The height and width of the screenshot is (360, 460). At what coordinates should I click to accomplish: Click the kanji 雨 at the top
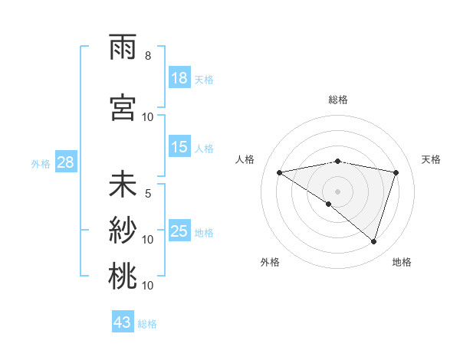(x=123, y=49)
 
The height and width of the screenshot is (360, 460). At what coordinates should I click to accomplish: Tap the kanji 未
(x=123, y=186)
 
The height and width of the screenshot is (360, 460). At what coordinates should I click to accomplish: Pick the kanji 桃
(x=123, y=277)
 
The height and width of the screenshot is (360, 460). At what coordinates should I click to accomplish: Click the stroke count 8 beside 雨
(x=148, y=56)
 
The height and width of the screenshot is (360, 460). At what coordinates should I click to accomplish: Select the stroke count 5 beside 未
(x=148, y=194)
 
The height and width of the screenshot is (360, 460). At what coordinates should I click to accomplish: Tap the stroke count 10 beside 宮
(x=148, y=116)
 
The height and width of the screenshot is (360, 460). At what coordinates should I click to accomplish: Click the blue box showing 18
(x=179, y=78)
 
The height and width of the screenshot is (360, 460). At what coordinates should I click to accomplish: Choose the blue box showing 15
(x=179, y=147)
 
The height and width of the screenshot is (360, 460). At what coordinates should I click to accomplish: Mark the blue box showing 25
(x=179, y=231)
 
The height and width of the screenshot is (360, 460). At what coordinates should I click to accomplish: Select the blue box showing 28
(x=64, y=162)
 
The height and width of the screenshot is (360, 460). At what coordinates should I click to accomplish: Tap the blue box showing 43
(x=123, y=322)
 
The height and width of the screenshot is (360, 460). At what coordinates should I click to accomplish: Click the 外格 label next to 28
(x=40, y=163)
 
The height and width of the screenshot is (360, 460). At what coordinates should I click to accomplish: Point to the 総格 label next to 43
(x=147, y=324)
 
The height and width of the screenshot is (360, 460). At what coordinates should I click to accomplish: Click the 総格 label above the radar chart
(x=338, y=100)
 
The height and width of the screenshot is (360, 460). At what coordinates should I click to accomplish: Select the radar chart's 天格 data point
(x=396, y=172)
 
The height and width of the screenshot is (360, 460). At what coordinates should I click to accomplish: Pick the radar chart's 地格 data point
(x=374, y=241)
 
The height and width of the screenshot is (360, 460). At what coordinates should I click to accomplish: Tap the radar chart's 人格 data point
(x=279, y=172)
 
